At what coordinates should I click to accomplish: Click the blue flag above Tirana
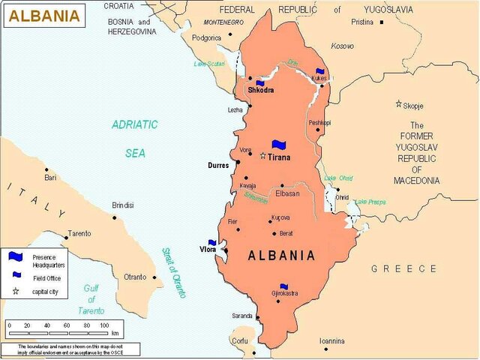[x=280, y=144]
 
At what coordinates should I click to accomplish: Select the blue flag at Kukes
[x=320, y=72]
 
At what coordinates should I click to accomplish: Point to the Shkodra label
[x=260, y=90]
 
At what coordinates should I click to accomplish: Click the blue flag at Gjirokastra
[x=283, y=286]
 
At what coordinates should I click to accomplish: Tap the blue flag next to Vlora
[x=212, y=242]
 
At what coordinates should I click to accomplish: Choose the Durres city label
[x=219, y=165]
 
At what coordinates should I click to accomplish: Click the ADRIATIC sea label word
[x=135, y=124]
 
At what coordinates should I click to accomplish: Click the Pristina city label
[x=362, y=22]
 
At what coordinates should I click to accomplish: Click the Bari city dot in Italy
[x=46, y=169]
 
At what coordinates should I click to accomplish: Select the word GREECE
[x=404, y=268]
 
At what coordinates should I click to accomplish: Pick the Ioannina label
[x=332, y=340]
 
